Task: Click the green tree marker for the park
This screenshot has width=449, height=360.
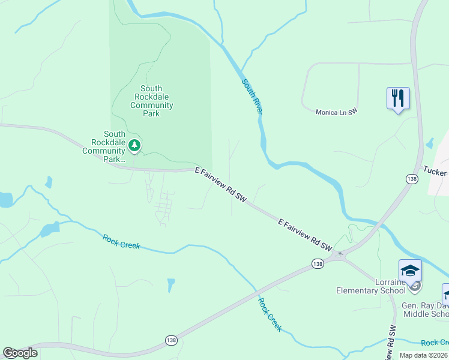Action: click(x=135, y=145)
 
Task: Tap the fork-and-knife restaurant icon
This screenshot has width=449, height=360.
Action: click(x=397, y=97)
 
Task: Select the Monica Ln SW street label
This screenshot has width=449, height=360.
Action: click(x=337, y=112)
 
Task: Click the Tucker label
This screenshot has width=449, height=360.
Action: click(x=435, y=170)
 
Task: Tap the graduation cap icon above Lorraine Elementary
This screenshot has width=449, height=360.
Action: click(x=410, y=271)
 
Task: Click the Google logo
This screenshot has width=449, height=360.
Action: click(x=20, y=352)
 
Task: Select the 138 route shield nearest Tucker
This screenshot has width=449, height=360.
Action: click(x=411, y=179)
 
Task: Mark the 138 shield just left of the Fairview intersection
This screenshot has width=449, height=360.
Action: click(x=318, y=263)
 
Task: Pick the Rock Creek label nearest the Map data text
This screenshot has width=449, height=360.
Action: click(x=435, y=343)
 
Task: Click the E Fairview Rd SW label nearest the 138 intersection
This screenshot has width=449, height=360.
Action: click(x=305, y=234)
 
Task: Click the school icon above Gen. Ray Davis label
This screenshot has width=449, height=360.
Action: click(x=446, y=294)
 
